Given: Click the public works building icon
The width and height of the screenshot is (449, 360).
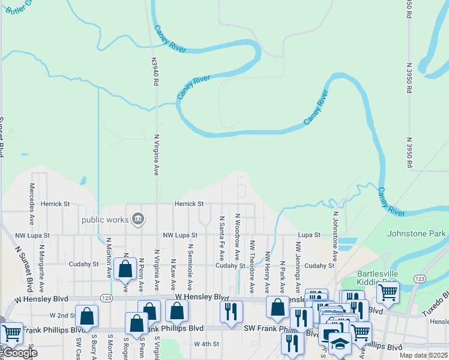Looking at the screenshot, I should [138, 218].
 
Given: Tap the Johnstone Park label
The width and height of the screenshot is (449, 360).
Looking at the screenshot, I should [417, 233].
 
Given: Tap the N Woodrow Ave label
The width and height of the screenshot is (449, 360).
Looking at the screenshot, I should [237, 233].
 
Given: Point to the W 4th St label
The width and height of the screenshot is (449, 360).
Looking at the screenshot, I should [208, 344].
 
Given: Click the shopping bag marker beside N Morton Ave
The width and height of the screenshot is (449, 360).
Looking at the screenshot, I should [125, 269].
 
